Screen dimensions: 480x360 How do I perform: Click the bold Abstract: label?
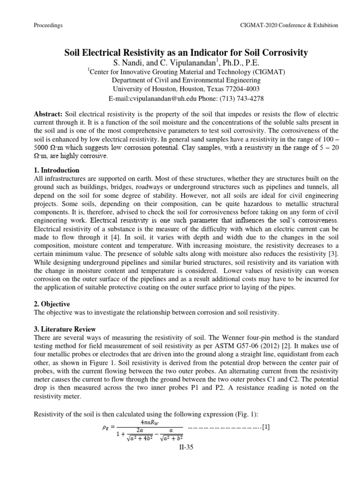(x=49, y=114)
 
